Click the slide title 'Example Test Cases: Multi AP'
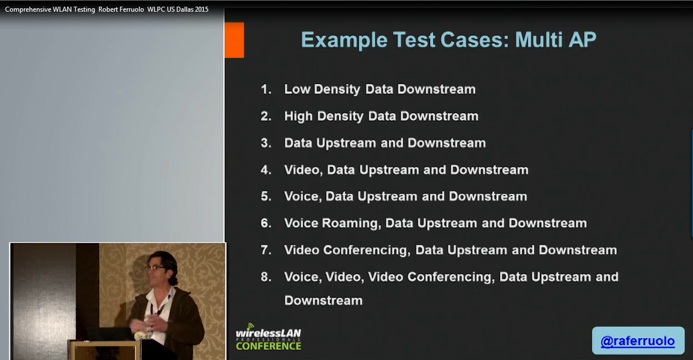pyautogui.click(x=448, y=40)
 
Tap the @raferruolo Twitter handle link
pyautogui.click(x=637, y=341)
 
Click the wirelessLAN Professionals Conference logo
pyautogui.click(x=268, y=337)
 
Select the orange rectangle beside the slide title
pyautogui.click(x=234, y=40)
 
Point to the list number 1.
pyautogui.click(x=266, y=89)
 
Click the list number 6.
pyautogui.click(x=266, y=223)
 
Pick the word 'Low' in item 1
pyautogui.click(x=297, y=89)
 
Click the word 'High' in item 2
pyautogui.click(x=298, y=116)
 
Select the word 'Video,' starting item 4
pyautogui.click(x=303, y=170)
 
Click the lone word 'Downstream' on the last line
pyautogui.click(x=323, y=300)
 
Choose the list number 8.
pyautogui.click(x=266, y=277)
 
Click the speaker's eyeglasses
pyautogui.click(x=155, y=268)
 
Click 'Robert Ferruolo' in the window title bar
pyautogui.click(x=121, y=9)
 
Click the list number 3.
pyautogui.click(x=266, y=143)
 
